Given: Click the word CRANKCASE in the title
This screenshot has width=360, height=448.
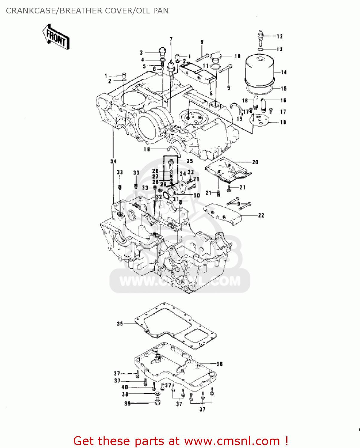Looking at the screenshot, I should point(31,11).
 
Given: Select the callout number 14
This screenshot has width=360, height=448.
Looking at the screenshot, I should point(284,72).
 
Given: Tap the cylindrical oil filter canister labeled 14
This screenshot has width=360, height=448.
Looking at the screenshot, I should point(259,70).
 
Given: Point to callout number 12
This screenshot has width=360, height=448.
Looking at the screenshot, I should point(279,36).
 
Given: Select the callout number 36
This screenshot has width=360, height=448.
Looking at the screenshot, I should point(219,364).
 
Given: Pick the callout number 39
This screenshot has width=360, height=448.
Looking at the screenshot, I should point(127,403).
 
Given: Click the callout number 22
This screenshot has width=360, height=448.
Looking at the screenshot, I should point(261,215).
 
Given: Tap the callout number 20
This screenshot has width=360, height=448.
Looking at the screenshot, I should point(255,162).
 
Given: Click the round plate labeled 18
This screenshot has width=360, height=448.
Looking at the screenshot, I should point(259,120).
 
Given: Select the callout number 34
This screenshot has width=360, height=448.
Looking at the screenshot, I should point(113,161).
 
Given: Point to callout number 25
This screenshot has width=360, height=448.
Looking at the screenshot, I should point(190,161).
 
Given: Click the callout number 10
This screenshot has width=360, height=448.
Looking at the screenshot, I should point(237,56).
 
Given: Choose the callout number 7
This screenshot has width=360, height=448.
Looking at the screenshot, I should point(171,39).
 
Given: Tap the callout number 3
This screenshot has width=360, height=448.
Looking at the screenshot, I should point(141,53).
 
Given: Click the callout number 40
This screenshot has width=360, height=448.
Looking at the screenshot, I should point(124,387).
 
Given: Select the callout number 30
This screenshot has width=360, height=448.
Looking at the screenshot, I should point(197,195).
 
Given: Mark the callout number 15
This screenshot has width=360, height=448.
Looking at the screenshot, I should point(284,89).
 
